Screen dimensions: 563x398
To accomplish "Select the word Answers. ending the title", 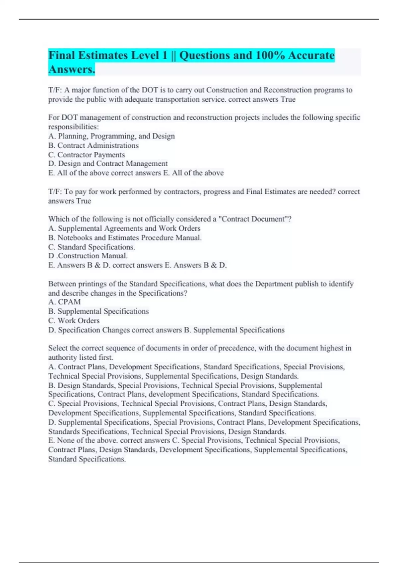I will [x=72, y=70].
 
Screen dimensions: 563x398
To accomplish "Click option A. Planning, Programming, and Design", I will [x=111, y=136].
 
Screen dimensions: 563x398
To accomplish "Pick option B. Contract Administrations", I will [x=94, y=145].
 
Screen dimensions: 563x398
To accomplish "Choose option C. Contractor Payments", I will [x=87, y=155].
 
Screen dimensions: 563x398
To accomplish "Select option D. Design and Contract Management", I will [x=108, y=164].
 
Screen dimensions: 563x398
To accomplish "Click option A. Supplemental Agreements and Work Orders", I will [x=124, y=228].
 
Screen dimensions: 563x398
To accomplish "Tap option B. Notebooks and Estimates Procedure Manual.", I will [x=125, y=237].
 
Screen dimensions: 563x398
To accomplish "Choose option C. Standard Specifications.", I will [x=92, y=247].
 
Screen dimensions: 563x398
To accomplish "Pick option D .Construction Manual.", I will [x=88, y=256].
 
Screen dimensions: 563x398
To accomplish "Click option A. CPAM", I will [x=64, y=302].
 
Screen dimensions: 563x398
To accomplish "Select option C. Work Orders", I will [x=74, y=321].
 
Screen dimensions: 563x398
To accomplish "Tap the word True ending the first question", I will [x=288, y=99].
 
